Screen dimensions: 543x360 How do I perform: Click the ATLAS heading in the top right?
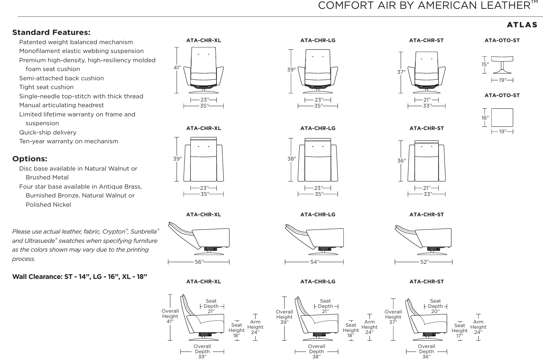coord(522,25)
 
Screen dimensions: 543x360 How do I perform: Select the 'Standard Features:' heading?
coord(51,32)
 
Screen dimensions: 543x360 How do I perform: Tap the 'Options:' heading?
coord(30,159)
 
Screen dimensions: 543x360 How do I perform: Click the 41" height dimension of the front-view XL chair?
coord(177,67)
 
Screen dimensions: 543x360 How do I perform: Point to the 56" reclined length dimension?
coord(199,262)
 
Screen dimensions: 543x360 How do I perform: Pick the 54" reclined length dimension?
coord(314,262)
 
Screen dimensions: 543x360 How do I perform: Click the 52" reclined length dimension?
coord(425,262)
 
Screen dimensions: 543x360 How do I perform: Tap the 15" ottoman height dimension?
coord(485,65)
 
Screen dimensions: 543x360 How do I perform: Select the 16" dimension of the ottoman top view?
coord(485,118)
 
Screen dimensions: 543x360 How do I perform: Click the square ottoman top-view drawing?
coord(502,118)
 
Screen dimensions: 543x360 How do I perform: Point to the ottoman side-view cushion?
coord(502,59)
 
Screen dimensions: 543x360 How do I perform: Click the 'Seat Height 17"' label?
coord(459,331)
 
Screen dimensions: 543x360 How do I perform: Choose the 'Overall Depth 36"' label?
coord(427,352)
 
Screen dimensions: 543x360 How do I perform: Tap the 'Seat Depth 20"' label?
coord(435,306)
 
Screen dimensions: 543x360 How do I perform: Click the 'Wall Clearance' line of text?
coord(80,277)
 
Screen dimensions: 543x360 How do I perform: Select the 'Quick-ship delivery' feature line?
coord(48,132)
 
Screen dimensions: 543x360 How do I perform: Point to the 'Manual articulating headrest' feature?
coord(61,105)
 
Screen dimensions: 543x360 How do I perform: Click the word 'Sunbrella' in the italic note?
coord(143,232)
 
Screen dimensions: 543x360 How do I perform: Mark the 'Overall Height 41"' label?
coord(170,316)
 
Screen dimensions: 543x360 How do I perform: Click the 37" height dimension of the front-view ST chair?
coord(402,72)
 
